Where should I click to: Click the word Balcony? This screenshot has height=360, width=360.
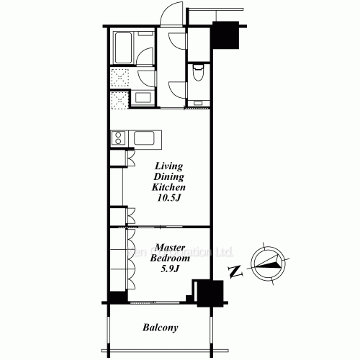160,328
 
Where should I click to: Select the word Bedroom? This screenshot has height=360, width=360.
170,258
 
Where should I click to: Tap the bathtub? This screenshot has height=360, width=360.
123,48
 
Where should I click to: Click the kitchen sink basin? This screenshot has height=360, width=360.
149,138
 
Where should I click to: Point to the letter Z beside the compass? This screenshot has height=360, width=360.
233,271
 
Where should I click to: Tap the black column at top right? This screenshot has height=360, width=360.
226,37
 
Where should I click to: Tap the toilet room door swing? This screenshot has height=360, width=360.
178,89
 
